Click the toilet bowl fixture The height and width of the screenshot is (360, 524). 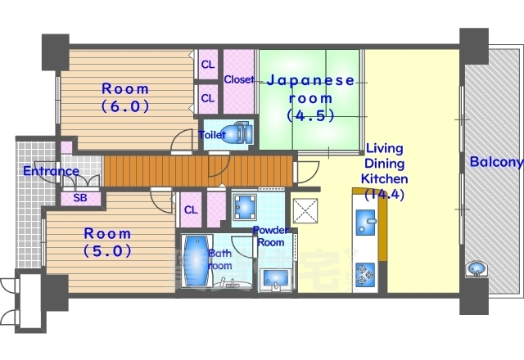(x=238, y=133)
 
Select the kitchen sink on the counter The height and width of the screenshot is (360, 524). (x=366, y=222)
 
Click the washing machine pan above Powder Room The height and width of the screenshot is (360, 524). (x=244, y=209)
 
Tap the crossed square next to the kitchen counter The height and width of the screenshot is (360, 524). (x=305, y=211)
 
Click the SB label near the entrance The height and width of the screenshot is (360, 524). (x=80, y=198)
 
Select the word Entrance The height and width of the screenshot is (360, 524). (x=51, y=171)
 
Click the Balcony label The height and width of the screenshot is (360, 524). (x=495, y=162)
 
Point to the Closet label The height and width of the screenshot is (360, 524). (x=238, y=80)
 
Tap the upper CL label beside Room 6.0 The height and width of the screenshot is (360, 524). (x=208, y=64)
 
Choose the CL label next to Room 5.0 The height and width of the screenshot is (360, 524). (x=190, y=209)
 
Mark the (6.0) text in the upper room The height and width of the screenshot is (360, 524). (x=124, y=106)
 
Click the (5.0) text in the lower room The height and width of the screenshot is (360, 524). (x=108, y=251)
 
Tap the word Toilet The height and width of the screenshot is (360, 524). (x=212, y=135)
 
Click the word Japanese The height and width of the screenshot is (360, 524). (x=310, y=80)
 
